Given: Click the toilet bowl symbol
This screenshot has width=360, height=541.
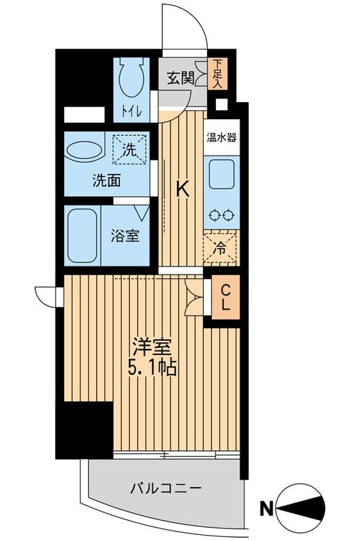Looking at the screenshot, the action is pos(131,77).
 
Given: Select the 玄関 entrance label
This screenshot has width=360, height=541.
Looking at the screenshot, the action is pos(180,78).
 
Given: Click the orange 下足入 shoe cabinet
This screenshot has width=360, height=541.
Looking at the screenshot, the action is pos(217,74).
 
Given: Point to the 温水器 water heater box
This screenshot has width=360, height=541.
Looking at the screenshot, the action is pos(221,138).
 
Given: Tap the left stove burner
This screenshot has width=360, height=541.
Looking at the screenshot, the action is pos(215,215).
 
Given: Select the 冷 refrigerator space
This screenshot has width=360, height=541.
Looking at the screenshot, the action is pos(220,248).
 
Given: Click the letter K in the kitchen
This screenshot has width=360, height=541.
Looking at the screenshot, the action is pos(183,189).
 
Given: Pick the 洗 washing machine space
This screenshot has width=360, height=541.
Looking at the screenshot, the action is pos(130,149).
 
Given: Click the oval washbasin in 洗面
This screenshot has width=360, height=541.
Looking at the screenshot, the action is pos(84,151).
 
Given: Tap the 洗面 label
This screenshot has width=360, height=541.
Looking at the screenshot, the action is pos(106,181).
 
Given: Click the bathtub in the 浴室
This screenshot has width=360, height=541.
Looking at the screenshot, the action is pos(82,235).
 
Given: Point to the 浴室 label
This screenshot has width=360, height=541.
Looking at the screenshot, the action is pos(125,235).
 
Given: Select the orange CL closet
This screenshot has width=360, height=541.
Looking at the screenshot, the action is pos(225,297).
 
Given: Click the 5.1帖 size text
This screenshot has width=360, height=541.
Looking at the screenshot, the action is pos(152,367).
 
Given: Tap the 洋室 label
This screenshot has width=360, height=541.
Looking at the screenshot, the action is pos(152,348).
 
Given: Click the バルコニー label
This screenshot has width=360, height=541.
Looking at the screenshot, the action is pos(166,488).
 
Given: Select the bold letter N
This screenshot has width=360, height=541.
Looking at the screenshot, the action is pos(267,509).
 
